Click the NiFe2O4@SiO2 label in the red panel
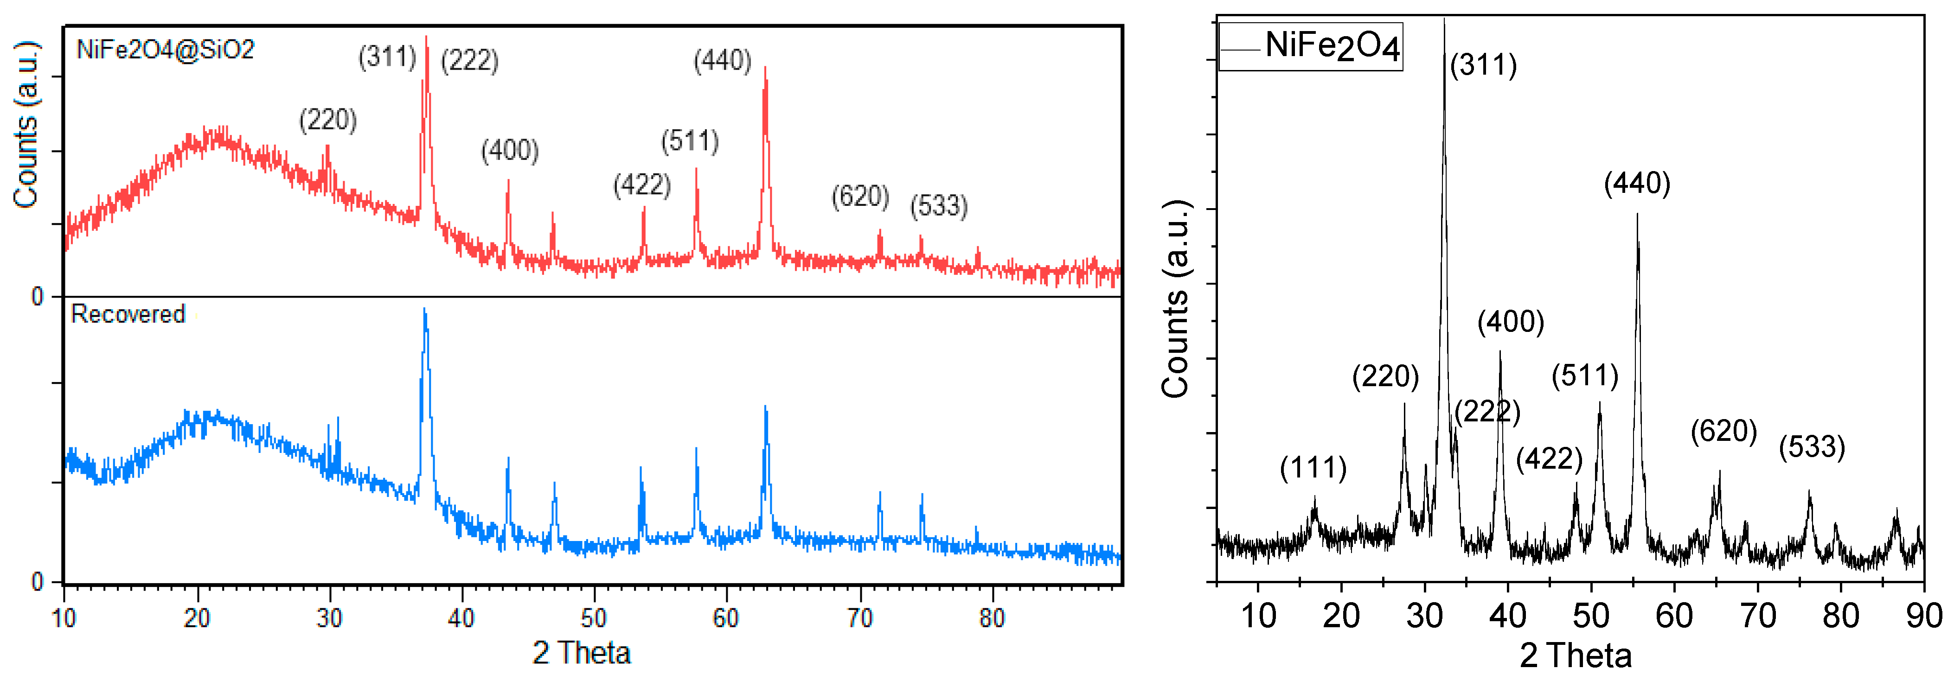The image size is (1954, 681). pos(166,50)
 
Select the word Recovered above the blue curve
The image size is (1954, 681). pos(128,314)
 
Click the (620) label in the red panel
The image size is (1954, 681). pos(860,197)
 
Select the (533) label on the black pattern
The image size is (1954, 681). pos(1812,447)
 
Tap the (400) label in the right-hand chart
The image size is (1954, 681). pos(1510,322)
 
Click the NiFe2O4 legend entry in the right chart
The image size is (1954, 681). pos(1331,46)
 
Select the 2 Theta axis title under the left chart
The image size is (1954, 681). pos(581,653)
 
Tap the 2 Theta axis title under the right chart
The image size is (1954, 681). pos(1576,655)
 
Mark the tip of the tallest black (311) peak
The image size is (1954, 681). pos(1443,20)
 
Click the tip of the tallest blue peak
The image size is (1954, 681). pos(424,309)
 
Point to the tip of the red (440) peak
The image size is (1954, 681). pos(765,68)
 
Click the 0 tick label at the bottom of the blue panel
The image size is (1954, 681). pos(37,582)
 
